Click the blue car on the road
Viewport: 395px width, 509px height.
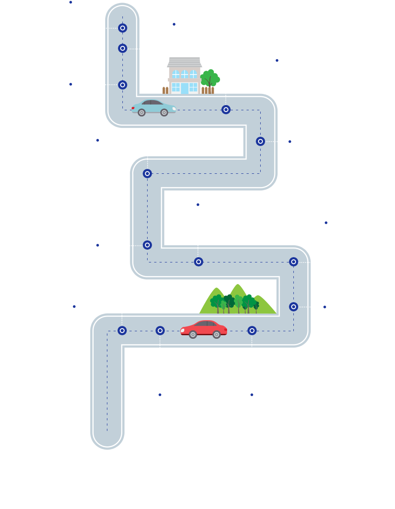point(154,108)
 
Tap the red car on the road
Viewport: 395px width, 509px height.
point(204,329)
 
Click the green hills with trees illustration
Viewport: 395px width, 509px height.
point(238,299)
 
